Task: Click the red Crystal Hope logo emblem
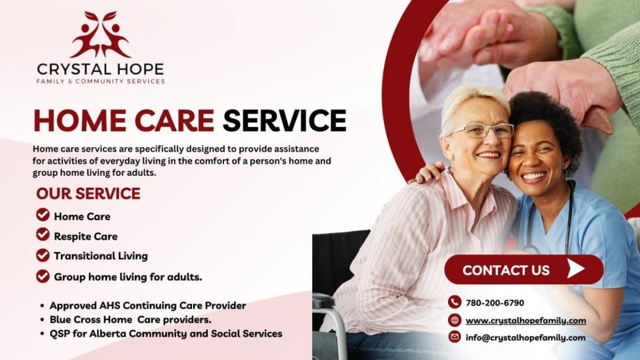click(x=100, y=34)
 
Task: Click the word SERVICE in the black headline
click(x=285, y=121)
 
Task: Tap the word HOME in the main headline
click(x=80, y=121)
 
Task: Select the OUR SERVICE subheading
click(x=89, y=194)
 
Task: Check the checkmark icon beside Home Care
click(x=43, y=215)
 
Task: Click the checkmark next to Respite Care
click(x=43, y=235)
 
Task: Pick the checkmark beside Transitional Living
click(x=43, y=255)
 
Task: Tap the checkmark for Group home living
click(x=43, y=276)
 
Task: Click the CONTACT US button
click(x=524, y=269)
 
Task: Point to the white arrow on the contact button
click(x=575, y=269)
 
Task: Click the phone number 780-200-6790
click(x=495, y=303)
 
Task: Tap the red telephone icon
click(x=454, y=302)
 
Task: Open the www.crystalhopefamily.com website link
click(x=526, y=321)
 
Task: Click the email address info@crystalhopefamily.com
click(x=526, y=338)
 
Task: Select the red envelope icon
click(x=454, y=337)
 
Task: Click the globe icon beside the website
click(x=454, y=319)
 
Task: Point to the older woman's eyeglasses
click(x=482, y=131)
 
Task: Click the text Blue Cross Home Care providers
click(x=131, y=319)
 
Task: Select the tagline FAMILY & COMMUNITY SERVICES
click(x=101, y=82)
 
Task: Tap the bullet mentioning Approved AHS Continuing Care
click(x=148, y=306)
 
